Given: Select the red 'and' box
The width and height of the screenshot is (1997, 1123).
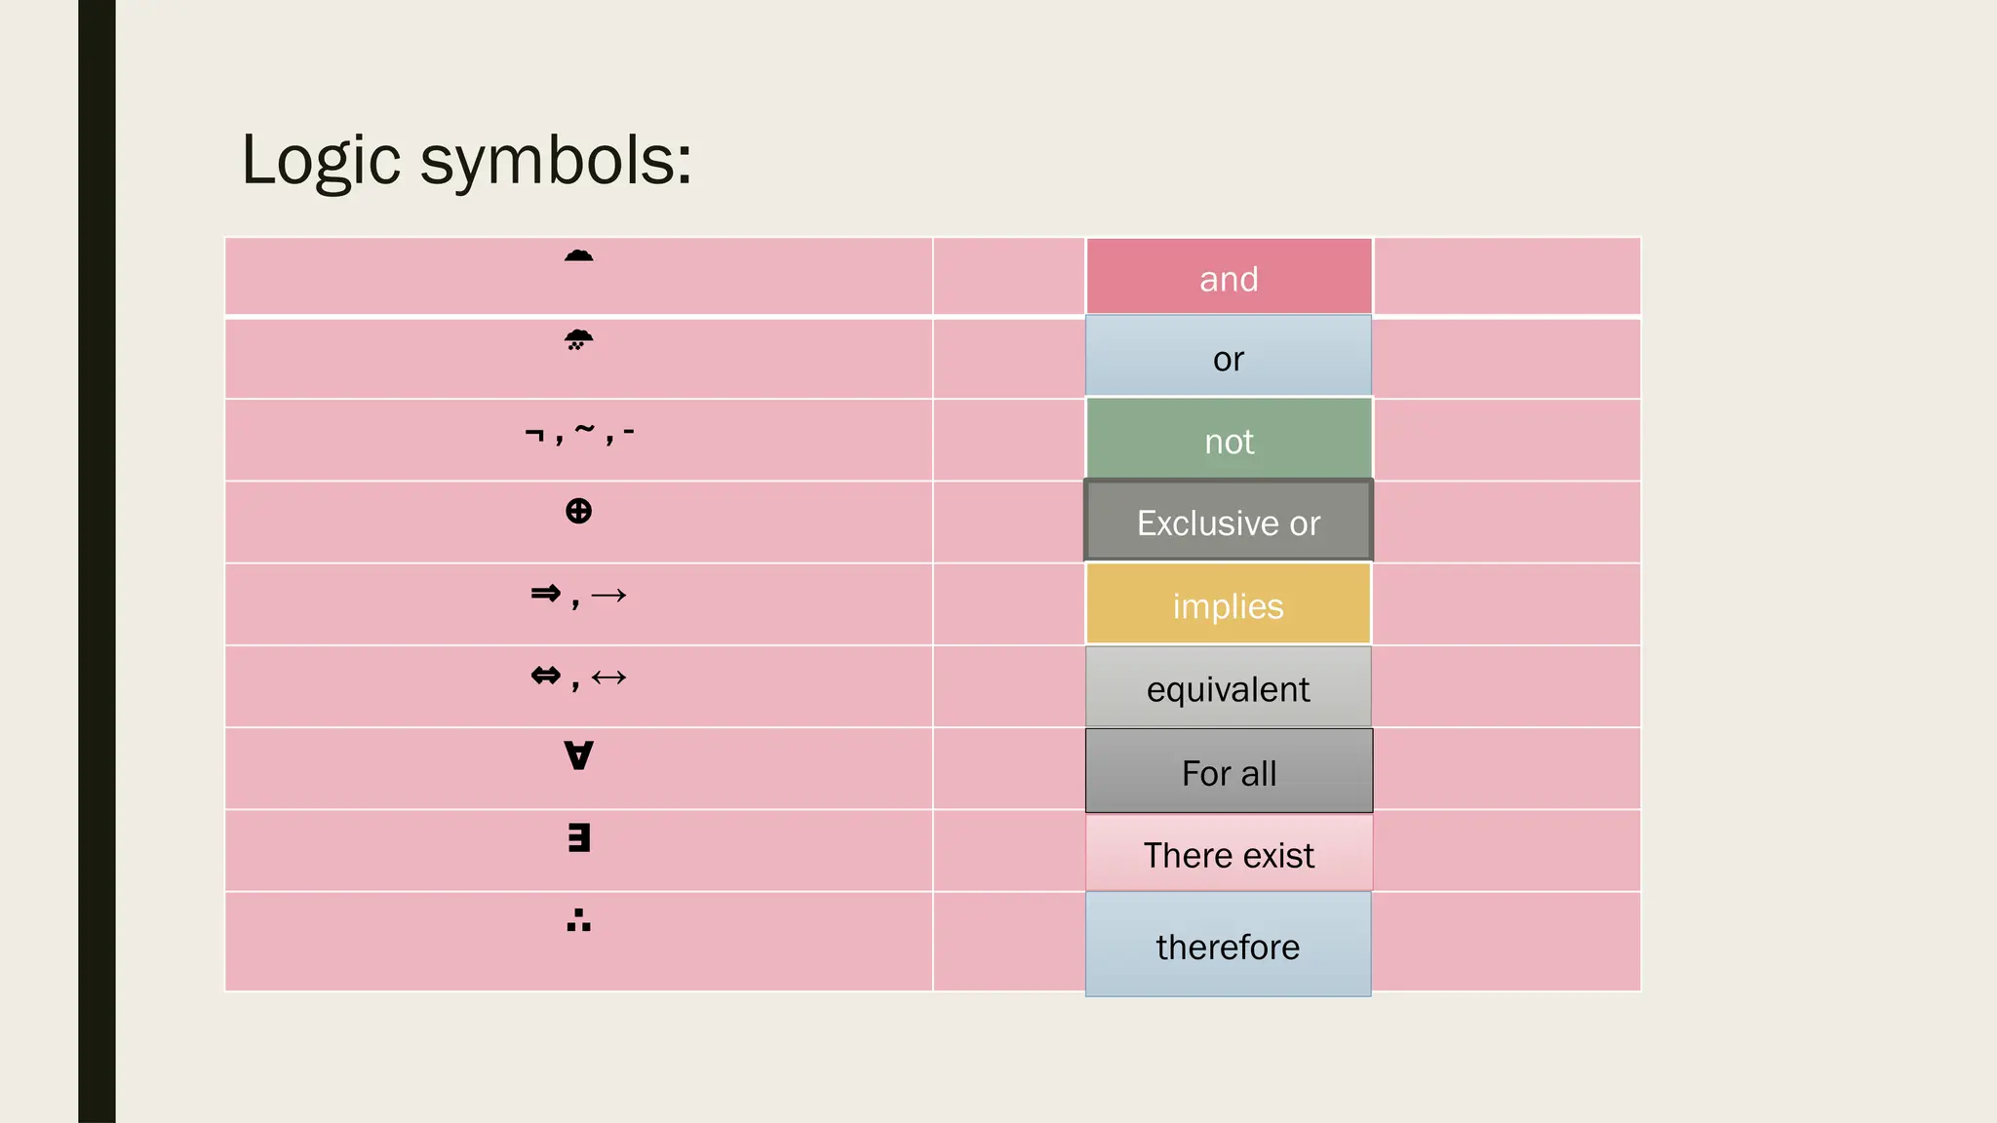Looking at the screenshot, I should pyautogui.click(x=1229, y=278).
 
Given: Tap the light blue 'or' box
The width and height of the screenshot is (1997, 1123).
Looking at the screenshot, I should pyautogui.click(x=1229, y=358).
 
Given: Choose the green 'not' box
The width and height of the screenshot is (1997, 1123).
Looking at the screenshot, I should pyautogui.click(x=1229, y=440).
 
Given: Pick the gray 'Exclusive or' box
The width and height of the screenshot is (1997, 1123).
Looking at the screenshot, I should pyautogui.click(x=1229, y=522).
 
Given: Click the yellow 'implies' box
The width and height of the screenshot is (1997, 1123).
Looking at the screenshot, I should pyautogui.click(x=1229, y=604).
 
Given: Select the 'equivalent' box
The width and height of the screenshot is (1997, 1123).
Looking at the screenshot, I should pyautogui.click(x=1229, y=687).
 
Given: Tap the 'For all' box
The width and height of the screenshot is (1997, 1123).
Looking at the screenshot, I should pyautogui.click(x=1229, y=771).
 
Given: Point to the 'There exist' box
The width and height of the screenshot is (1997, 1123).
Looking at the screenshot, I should pyautogui.click(x=1229, y=854).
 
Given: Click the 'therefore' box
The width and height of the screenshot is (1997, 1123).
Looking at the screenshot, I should pyautogui.click(x=1229, y=946).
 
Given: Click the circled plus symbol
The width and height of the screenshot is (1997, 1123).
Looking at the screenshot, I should pyautogui.click(x=578, y=511).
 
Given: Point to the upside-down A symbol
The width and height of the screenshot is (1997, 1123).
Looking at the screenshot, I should pyautogui.click(x=578, y=755).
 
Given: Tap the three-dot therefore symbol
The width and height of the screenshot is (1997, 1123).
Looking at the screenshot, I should pyautogui.click(x=578, y=920).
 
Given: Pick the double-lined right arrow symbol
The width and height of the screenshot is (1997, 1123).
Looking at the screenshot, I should pyautogui.click(x=546, y=593).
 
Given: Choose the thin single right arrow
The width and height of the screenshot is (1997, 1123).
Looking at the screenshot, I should pyautogui.click(x=608, y=595).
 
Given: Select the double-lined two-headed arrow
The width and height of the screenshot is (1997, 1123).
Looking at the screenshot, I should pyautogui.click(x=546, y=676).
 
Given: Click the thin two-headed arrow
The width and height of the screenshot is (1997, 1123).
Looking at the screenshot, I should pyautogui.click(x=608, y=677).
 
